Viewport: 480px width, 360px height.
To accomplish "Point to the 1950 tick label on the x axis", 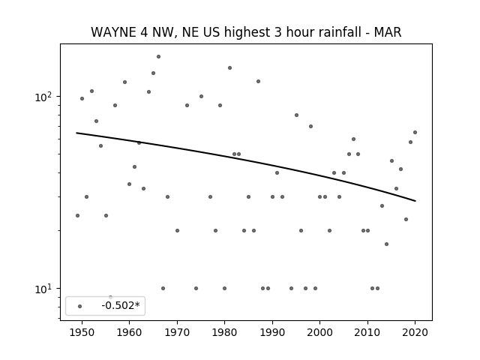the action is coord(82,332).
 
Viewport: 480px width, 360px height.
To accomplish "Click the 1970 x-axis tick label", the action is coord(177,332).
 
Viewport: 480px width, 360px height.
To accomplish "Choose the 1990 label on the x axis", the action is coord(272,332).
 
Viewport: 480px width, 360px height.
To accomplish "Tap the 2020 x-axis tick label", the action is coord(415,332).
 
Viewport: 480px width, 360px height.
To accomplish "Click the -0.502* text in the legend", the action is coord(120,305).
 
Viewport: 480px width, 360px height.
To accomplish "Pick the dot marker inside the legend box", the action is coord(79,306).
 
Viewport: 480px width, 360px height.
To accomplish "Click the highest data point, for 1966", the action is coord(158,57).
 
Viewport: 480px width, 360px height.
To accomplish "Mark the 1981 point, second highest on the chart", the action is coord(229,68).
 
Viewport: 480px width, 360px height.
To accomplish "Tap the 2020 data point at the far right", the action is coord(415,132).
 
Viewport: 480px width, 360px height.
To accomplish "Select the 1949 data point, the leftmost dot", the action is coord(77,215).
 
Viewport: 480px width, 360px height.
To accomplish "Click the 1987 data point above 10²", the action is coord(258,82).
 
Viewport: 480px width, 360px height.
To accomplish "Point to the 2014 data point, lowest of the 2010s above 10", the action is coord(386,244).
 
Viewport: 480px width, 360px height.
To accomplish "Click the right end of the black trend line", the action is coord(415,201).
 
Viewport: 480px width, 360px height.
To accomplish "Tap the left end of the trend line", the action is coord(76,133).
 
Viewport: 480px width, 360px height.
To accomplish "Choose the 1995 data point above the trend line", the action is coord(296,115).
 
